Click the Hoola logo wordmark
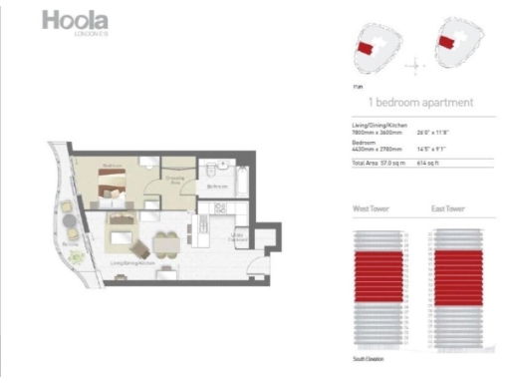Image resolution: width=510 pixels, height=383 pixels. [76, 21]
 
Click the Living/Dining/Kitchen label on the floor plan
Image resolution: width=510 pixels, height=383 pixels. [127, 264]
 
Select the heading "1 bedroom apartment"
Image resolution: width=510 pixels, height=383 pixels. [419, 103]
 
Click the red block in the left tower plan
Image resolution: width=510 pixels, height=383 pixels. [367, 47]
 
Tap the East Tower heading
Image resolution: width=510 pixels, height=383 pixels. [450, 210]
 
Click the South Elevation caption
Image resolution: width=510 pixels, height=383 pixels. [369, 357]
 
